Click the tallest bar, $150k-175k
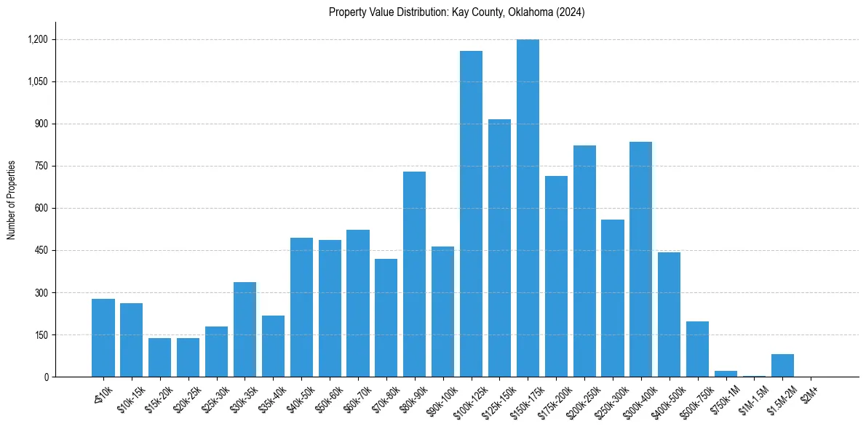point(528,208)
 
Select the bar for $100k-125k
point(471,214)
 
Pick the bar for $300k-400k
point(640,259)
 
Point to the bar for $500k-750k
point(697,349)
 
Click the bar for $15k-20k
point(159,357)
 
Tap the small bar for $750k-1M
point(726,374)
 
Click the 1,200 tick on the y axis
point(38,39)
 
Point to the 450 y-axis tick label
point(41,250)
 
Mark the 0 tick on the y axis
point(46,377)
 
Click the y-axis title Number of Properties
point(12,199)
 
